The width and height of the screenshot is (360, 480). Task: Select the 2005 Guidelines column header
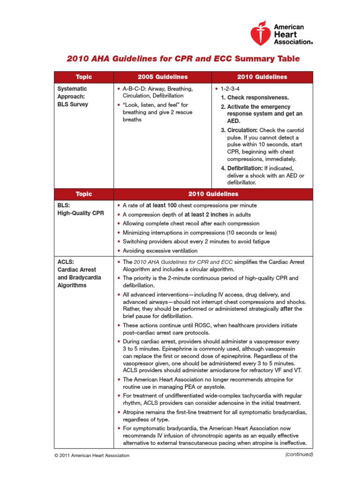coord(163,77)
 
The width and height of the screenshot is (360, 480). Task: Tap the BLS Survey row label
coord(72,104)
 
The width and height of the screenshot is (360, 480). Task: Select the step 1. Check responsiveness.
coord(255,97)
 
